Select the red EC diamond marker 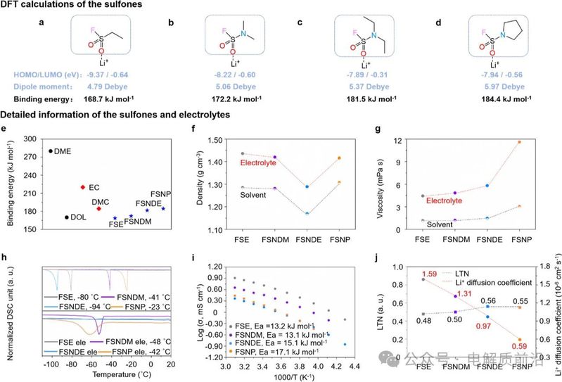pyautogui.click(x=83, y=187)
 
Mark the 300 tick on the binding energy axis pyautogui.click(x=31, y=140)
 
